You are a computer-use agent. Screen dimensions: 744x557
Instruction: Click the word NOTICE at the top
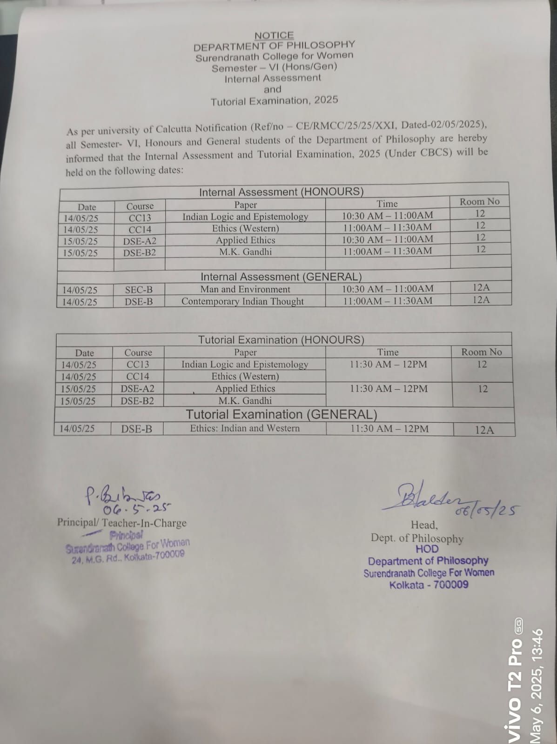pos(274,35)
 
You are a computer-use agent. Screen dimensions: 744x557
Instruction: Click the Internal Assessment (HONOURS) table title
pos(281,192)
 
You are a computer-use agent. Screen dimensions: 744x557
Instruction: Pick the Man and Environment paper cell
pos(245,289)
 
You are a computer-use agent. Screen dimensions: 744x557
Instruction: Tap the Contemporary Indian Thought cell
pos(242,301)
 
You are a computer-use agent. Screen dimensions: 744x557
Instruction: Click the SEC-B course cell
pos(139,290)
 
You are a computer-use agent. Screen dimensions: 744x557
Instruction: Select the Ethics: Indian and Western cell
pos(245,428)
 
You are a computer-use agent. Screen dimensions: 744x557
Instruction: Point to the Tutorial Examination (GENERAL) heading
pos(282,414)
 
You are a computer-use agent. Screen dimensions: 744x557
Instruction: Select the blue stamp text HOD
pos(427,549)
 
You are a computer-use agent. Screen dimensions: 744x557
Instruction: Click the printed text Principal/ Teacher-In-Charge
pos(121,523)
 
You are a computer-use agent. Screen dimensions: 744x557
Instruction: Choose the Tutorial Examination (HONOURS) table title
pos(281,340)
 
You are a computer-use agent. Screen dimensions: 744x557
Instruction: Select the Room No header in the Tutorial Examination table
pos(482,352)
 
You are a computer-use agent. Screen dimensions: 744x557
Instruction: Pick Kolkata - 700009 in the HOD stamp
pos(429,585)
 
